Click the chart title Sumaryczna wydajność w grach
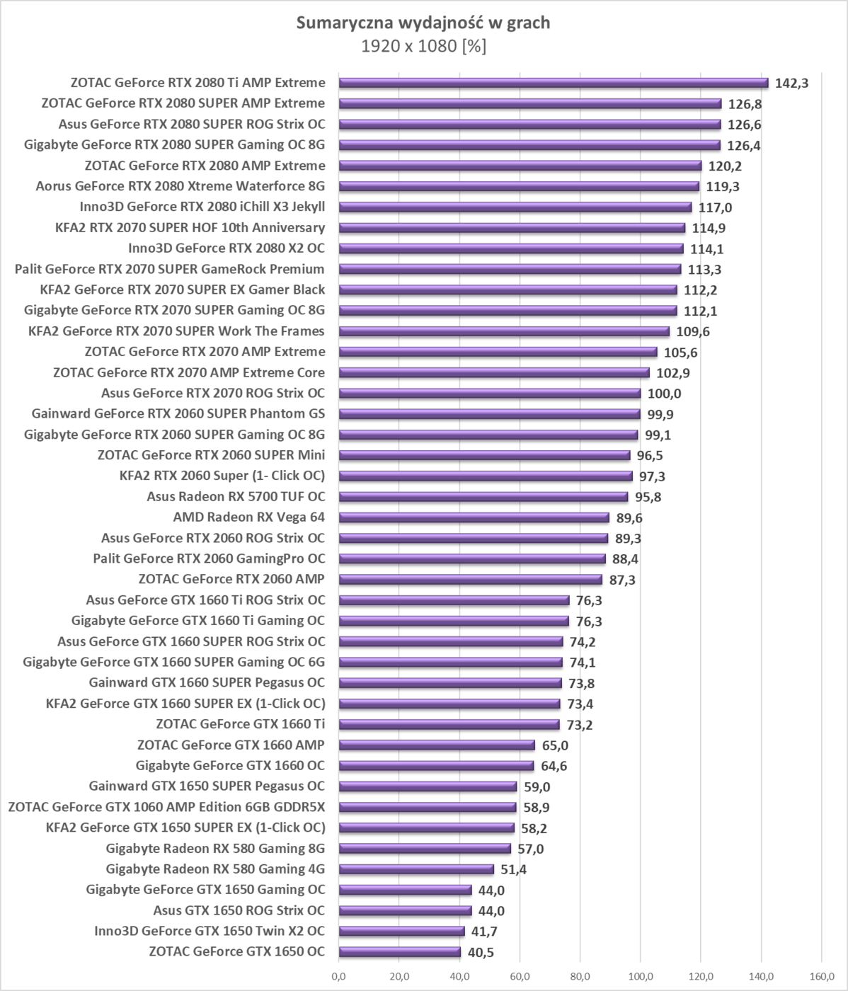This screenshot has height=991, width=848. (x=423, y=23)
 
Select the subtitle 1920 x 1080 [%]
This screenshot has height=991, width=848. (x=423, y=47)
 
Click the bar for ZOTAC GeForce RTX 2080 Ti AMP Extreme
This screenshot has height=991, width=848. (x=553, y=83)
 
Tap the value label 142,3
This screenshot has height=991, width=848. (x=792, y=84)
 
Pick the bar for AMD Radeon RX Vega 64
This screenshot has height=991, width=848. (x=474, y=517)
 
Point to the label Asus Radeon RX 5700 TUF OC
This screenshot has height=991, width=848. (x=236, y=496)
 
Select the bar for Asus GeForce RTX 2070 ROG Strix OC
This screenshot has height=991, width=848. (x=489, y=393)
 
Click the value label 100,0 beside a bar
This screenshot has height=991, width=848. (x=665, y=394)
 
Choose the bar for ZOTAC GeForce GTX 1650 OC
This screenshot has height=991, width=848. (x=399, y=952)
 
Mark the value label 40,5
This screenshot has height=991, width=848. (x=480, y=953)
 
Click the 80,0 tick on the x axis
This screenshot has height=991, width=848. (x=580, y=978)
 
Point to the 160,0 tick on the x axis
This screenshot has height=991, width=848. (x=821, y=978)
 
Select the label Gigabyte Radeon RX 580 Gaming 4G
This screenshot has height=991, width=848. (x=215, y=869)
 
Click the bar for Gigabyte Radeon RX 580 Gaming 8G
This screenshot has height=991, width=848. (x=424, y=849)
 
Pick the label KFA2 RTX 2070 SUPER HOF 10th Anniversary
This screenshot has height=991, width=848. (x=190, y=227)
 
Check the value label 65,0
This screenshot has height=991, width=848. (x=555, y=745)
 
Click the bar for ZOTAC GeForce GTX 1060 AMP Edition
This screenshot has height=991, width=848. (x=427, y=807)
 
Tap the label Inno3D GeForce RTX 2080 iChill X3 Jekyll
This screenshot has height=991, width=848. (x=202, y=207)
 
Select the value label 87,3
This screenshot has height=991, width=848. (x=623, y=580)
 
